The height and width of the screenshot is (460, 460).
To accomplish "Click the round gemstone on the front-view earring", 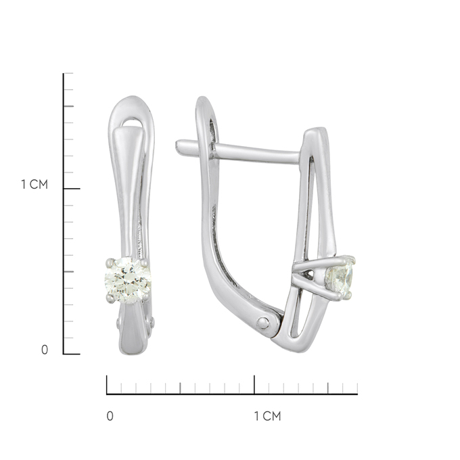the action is [x=128, y=281].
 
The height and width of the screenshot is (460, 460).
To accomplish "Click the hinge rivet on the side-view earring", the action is [x=263, y=323].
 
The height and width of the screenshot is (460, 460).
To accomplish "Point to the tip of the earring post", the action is [x=178, y=148].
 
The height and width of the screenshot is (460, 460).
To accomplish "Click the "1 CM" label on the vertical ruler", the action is [x=34, y=184].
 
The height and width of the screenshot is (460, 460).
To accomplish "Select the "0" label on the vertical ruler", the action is [x=45, y=350].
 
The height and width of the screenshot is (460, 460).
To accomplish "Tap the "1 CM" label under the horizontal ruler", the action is [x=267, y=416].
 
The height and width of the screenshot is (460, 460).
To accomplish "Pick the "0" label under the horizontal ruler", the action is [x=110, y=416].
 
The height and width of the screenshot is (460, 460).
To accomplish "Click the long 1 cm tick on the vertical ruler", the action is [x=72, y=189].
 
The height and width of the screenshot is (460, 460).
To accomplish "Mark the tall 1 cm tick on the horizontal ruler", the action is [x=254, y=385].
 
